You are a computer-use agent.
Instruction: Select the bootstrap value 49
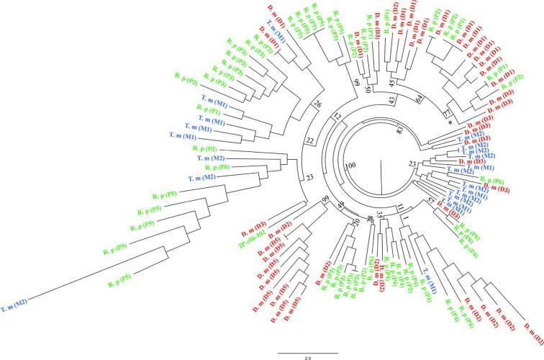pyautogui.click(x=342, y=209)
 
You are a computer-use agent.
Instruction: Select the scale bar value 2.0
pyautogui.click(x=307, y=356)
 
